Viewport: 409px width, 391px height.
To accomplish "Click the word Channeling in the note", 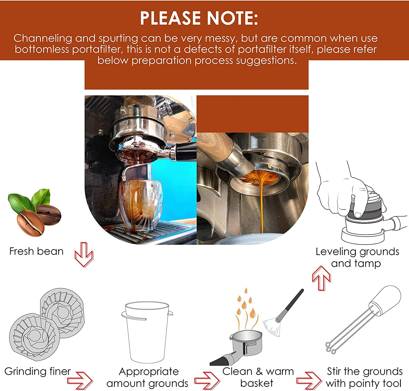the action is pyautogui.click(x=43, y=38).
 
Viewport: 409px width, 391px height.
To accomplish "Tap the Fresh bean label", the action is pyautogui.click(x=36, y=251).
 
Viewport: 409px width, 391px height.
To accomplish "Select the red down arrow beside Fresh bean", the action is pyautogui.click(x=84, y=254).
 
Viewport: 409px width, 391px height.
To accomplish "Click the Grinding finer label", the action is pyautogui.click(x=37, y=371).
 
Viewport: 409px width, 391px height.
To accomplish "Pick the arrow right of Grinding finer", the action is pyautogui.click(x=80, y=380).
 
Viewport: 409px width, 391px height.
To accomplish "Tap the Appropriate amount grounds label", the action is pyautogui.click(x=148, y=377).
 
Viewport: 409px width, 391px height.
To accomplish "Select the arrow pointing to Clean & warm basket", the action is pyautogui.click(x=207, y=380).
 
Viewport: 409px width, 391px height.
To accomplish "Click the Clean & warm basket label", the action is pyautogui.click(x=258, y=377).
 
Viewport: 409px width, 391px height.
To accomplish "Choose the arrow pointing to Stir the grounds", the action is pyautogui.click(x=309, y=380).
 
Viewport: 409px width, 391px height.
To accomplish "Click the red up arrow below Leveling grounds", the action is pyautogui.click(x=321, y=278).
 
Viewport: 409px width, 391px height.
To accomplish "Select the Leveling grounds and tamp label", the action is pyautogui.click(x=357, y=257).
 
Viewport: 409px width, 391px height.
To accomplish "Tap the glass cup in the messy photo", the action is pyautogui.click(x=141, y=205).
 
